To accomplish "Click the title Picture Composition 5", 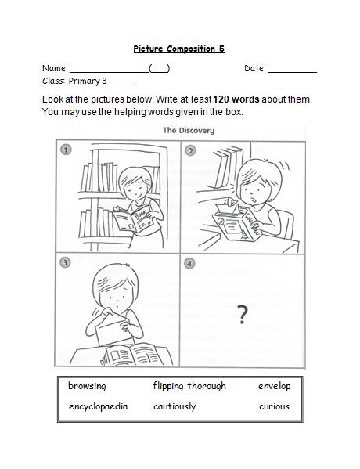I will pyautogui.click(x=178, y=49).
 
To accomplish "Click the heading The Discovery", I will pyautogui.click(x=188, y=131).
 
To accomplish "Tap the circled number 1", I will pyautogui.click(x=67, y=149).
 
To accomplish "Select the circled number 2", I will pyautogui.click(x=190, y=149).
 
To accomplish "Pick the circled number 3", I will pyautogui.click(x=67, y=264).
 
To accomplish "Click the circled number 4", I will pyautogui.click(x=190, y=264).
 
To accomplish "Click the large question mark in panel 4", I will pyautogui.click(x=243, y=315).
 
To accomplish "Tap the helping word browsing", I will pyautogui.click(x=87, y=386).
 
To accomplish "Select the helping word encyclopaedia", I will pyautogui.click(x=98, y=406).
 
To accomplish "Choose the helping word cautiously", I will pyautogui.click(x=175, y=406).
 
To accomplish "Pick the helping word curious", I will pyautogui.click(x=274, y=406).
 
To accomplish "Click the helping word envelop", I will pyautogui.click(x=274, y=386).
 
